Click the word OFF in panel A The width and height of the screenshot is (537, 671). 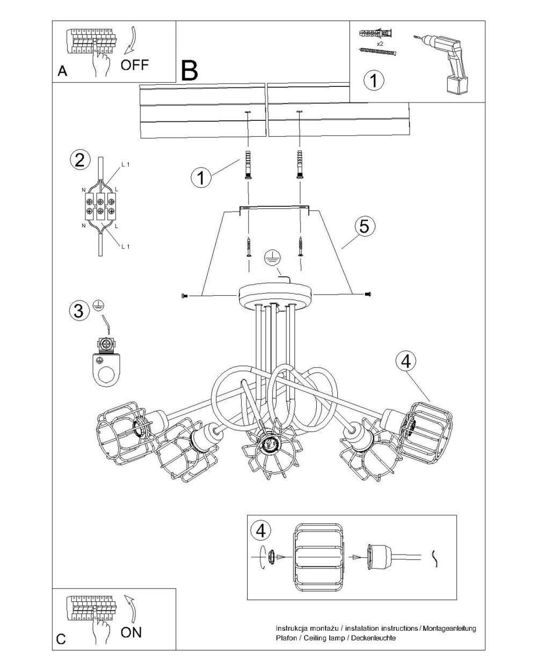134,65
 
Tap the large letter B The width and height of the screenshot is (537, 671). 190,70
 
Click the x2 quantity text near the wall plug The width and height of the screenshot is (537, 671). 380,44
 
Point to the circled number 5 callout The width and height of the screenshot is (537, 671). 364,227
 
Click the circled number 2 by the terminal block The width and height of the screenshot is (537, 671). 80,160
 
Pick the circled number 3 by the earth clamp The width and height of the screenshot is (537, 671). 78,311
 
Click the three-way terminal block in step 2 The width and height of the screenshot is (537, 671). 100,206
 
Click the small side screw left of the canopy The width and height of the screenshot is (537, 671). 184,295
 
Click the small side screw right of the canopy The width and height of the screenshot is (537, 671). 368,294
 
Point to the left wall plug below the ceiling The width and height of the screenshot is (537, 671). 248,165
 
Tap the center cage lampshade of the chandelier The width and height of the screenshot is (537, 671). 269,448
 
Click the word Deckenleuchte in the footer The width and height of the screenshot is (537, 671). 373,638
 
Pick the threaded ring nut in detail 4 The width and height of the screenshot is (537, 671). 271,557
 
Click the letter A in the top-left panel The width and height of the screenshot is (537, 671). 62,71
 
